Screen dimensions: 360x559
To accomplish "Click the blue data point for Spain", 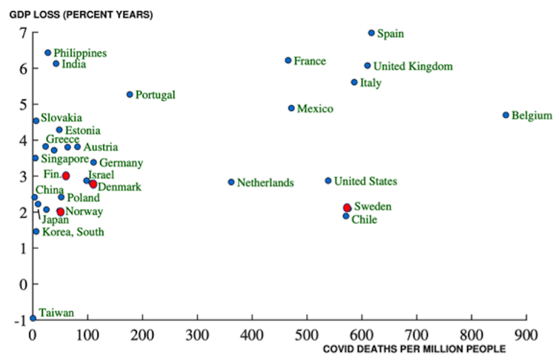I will (371, 33).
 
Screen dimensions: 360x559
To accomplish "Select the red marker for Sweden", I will (347, 208).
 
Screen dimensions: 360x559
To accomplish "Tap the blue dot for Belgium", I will (506, 115).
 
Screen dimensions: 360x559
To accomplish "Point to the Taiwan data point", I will (33, 318).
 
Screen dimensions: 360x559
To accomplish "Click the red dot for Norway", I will (60, 212).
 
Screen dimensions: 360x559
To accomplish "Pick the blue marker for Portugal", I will (130, 94).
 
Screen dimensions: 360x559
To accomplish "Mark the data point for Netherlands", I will (231, 181).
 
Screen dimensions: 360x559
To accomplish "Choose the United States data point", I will (328, 181).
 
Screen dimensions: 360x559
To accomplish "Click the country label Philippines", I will (80, 53).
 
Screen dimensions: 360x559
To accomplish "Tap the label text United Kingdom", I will (412, 67).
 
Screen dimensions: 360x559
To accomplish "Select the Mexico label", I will (315, 109).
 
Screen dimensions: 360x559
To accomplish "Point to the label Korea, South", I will (73, 233).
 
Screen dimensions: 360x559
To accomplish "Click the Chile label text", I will (364, 220).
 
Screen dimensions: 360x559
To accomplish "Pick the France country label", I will (309, 61).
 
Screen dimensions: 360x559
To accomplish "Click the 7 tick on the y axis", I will (23, 33).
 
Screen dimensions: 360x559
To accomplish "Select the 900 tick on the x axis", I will (526, 334).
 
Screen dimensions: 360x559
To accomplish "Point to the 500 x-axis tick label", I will (307, 334).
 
